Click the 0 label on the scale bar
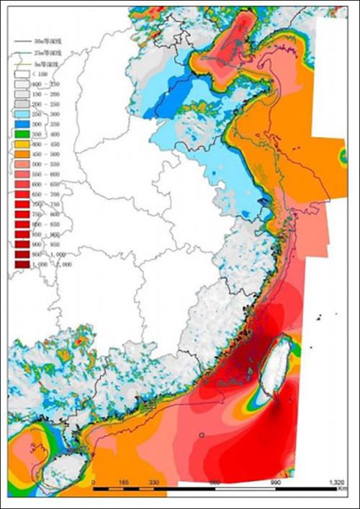coord(93,482)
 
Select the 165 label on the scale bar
coord(123,482)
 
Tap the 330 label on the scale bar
coord(153,482)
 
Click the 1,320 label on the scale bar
coord(336,482)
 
